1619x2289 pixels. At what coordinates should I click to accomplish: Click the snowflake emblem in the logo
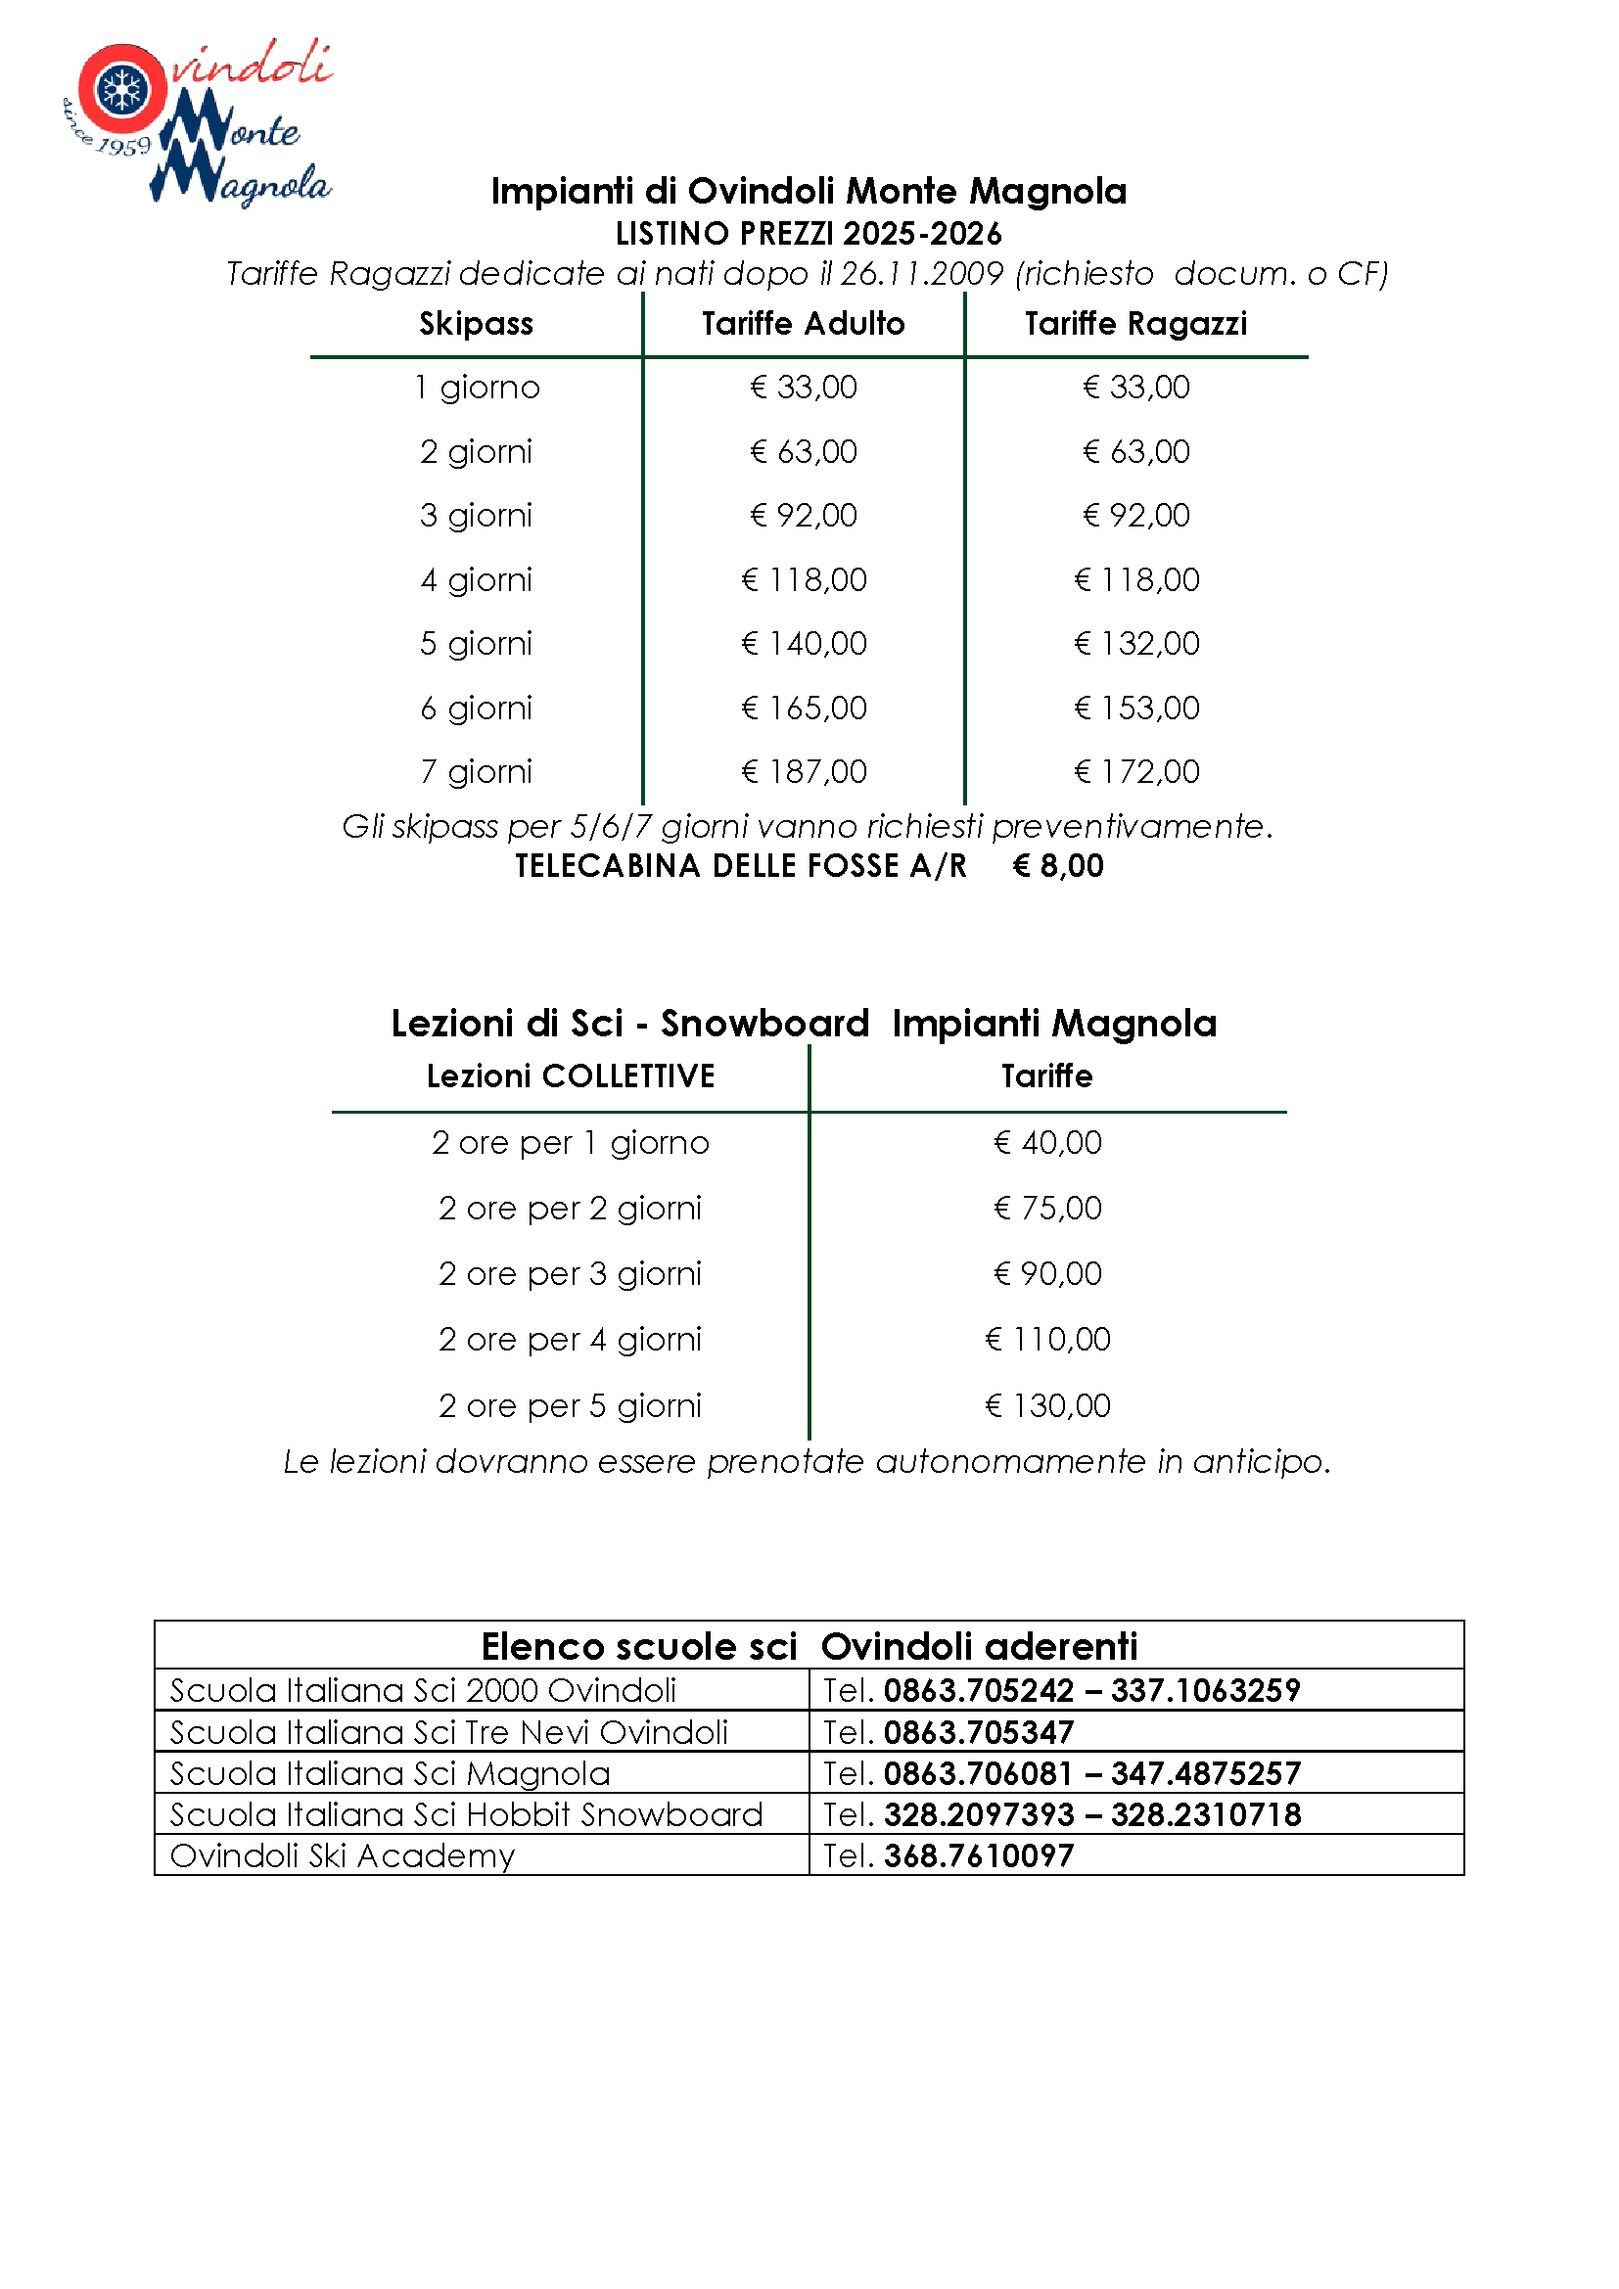(122, 90)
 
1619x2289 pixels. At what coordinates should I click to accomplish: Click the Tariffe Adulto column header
(803, 324)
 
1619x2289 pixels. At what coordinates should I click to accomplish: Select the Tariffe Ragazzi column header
(1135, 324)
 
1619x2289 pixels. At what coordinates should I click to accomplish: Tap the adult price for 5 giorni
(804, 644)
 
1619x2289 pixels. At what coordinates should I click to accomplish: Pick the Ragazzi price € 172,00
(1136, 771)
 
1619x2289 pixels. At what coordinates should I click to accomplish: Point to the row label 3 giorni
(476, 516)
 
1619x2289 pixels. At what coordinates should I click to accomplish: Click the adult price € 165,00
(804, 708)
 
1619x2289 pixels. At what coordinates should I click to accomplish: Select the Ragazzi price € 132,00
(1136, 644)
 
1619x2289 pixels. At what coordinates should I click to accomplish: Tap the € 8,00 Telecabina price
(1058, 866)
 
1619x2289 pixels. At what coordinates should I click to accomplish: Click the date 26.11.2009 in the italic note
(921, 274)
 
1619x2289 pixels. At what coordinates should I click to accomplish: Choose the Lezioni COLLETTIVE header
(571, 1076)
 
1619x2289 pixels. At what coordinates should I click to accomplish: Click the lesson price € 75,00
(1046, 1209)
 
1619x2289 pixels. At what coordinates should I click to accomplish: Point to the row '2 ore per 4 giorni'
(571, 1340)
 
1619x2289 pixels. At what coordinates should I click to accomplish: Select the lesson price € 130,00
(1046, 1405)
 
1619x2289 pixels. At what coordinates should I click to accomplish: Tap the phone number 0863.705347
(978, 1733)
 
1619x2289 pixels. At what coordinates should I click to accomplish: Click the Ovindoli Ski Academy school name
(342, 1856)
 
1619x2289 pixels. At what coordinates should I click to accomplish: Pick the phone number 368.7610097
(978, 1856)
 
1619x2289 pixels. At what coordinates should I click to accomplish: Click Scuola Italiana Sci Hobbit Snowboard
(466, 1815)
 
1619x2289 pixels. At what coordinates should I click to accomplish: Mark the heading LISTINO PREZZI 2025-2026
(809, 234)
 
